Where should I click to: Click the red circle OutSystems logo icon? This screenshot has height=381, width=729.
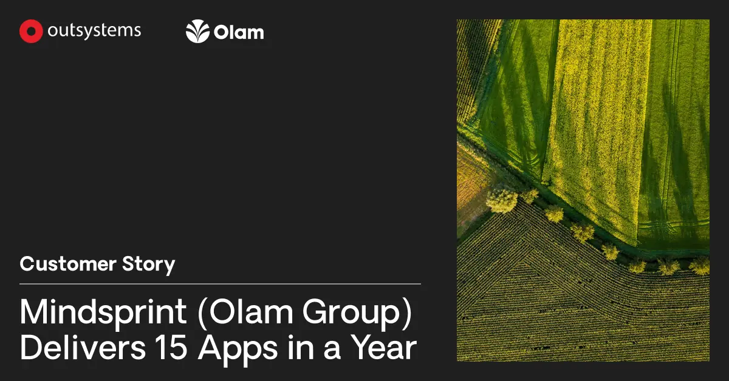point(31,32)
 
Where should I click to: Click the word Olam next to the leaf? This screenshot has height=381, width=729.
point(239,32)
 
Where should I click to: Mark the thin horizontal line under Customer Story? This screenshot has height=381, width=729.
point(220,283)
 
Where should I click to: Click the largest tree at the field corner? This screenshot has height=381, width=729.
point(502,200)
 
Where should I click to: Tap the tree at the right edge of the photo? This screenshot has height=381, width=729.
point(700,265)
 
